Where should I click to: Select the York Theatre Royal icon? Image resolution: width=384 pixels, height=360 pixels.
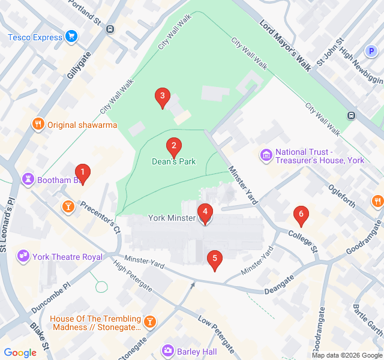24,257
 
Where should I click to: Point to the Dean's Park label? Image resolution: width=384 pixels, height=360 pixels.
173,161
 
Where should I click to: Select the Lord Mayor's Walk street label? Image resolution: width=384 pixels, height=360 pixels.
285,45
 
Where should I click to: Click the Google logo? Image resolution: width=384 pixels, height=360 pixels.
20,353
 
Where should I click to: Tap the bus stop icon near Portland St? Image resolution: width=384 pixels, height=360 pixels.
110,29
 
